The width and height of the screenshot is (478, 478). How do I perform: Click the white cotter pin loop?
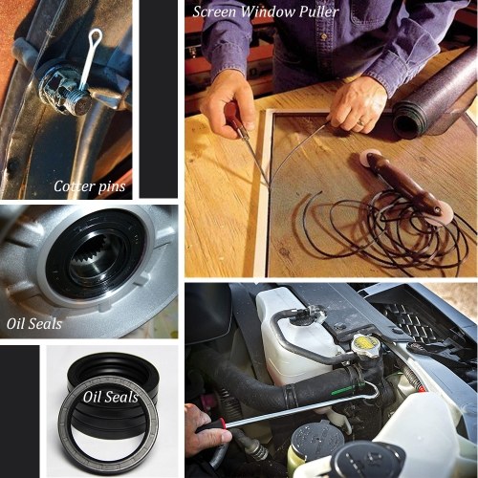(x=96, y=35)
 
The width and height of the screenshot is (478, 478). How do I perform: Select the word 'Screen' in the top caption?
(x=214, y=11)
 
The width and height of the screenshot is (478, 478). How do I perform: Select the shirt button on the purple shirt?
(x=324, y=36)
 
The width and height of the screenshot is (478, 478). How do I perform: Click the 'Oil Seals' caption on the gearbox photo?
(x=34, y=324)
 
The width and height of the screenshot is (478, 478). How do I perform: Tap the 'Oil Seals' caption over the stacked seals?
(x=111, y=397)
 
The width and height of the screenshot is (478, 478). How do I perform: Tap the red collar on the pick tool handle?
(x=224, y=424)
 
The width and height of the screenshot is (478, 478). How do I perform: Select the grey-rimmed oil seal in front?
(x=108, y=427)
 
